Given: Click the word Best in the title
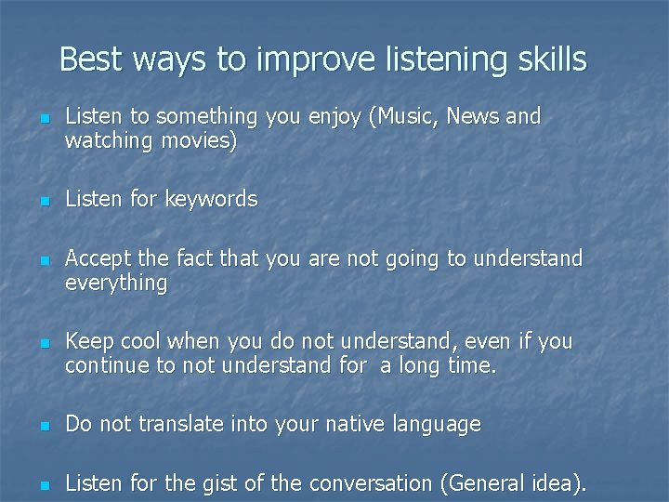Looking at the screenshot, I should point(91,59).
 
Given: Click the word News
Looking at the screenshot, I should point(473,117).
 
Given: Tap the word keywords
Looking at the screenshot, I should point(212,200).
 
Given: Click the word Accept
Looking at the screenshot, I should point(97,258).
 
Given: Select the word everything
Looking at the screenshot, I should point(116,284).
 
